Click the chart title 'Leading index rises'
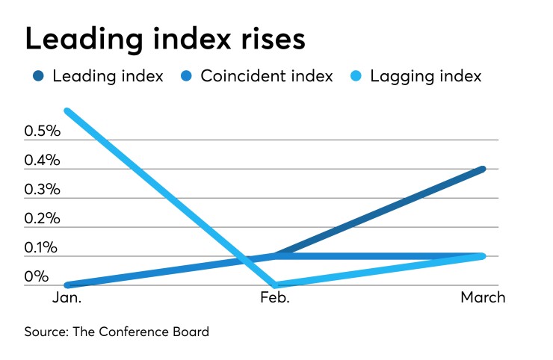coord(165,40)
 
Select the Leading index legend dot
coord(39,77)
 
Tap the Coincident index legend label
coord(266,77)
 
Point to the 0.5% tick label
coord(42,131)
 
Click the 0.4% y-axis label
coord(42,161)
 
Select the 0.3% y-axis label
coord(42,190)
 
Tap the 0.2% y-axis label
coord(42,219)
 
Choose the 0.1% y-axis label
coord(42,248)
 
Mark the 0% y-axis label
coord(37,277)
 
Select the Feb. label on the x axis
coord(276,298)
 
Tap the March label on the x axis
coord(482,298)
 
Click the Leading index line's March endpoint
coord(483,169)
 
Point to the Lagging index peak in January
coord(68,111)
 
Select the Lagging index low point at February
coord(276,285)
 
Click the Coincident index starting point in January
coord(68,285)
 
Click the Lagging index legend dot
coord(357,77)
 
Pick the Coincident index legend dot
coord(187,77)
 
